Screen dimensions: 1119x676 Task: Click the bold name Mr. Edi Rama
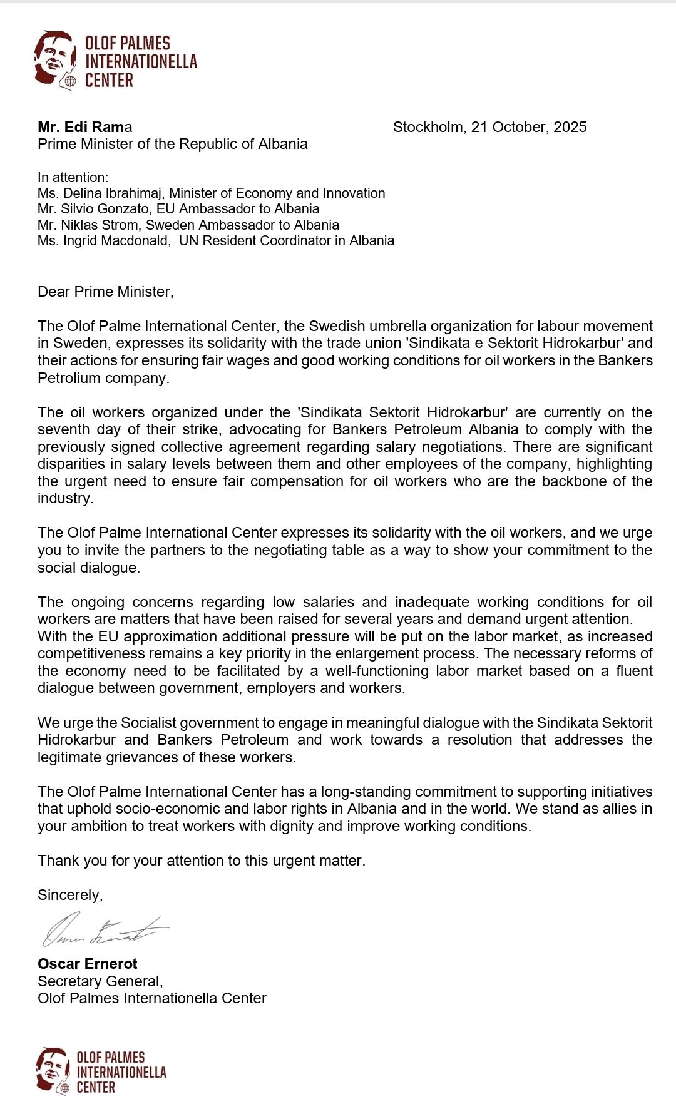(x=84, y=127)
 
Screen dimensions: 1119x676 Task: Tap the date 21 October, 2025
(x=529, y=127)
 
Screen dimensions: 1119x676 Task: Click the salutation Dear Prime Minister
(x=105, y=292)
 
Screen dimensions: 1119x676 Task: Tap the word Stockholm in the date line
(x=429, y=127)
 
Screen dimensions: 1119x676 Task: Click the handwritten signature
(x=104, y=929)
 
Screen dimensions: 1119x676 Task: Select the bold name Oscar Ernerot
(x=88, y=964)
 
